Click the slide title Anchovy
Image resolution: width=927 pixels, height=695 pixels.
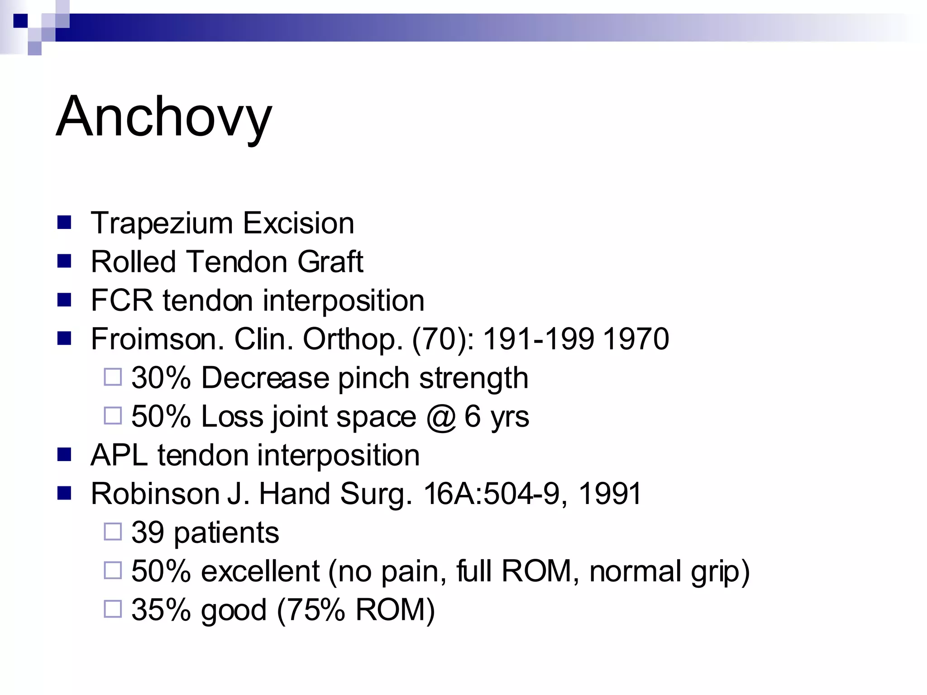[164, 117]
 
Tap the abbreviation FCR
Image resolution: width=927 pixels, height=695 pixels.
[121, 300]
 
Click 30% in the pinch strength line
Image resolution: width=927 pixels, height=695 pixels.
[161, 378]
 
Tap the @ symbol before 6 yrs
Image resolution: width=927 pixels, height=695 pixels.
[440, 417]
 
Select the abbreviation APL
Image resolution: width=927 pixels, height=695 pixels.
[119, 455]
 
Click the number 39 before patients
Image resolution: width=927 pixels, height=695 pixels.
[148, 533]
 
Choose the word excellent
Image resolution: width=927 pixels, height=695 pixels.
[260, 571]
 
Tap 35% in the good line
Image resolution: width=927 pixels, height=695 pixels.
[161, 610]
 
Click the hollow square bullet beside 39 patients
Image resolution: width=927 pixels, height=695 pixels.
[113, 532]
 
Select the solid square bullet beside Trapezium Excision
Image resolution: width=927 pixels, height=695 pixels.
[64, 223]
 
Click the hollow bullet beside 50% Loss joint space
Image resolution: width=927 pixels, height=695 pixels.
[113, 415]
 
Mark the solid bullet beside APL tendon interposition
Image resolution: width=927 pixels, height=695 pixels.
[64, 454]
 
